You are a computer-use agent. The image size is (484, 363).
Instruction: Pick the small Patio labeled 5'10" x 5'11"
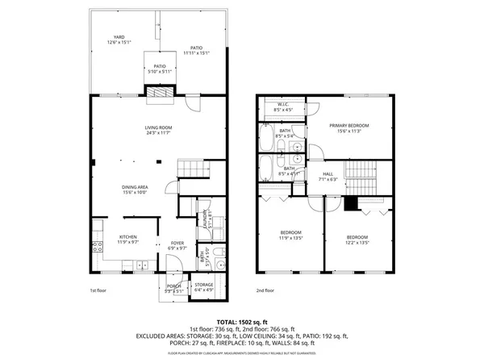click(160, 69)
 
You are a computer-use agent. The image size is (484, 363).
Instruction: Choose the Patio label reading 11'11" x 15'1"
click(195, 51)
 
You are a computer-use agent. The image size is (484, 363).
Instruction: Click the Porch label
click(173, 287)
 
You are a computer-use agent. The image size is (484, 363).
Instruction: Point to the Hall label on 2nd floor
click(328, 176)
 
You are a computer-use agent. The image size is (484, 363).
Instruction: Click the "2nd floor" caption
click(265, 290)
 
